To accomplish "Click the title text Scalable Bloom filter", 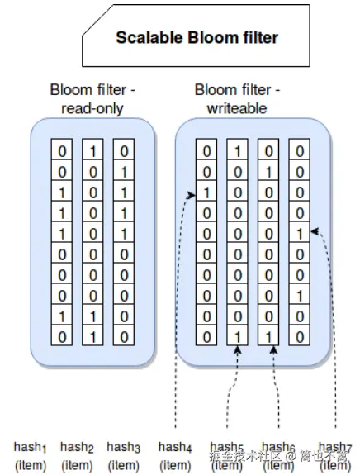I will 197,37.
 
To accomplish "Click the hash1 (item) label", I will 30,455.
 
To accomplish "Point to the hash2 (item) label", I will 77,455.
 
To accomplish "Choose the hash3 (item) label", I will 124,455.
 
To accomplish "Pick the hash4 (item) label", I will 174,455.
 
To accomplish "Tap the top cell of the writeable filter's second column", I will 237,151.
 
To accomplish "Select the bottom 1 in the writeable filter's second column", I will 237,337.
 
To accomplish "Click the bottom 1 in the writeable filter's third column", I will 268,337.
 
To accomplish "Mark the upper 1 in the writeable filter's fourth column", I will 300,234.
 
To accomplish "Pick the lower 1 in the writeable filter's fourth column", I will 300,296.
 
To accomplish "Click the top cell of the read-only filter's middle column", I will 92,151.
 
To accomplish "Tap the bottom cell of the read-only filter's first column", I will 61,337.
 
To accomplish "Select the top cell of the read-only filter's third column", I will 123,151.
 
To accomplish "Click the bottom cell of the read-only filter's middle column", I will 92,337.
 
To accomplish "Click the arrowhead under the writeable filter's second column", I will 238,351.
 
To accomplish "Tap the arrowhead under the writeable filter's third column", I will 272,351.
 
